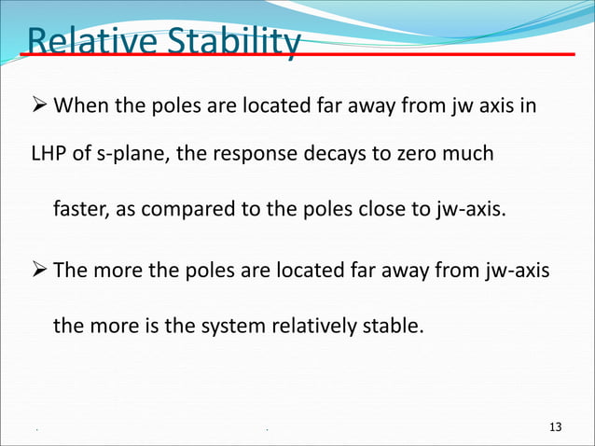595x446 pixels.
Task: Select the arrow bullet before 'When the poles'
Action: coord(41,105)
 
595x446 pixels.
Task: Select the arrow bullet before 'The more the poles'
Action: coord(41,271)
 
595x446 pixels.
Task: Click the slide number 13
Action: coord(556,427)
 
